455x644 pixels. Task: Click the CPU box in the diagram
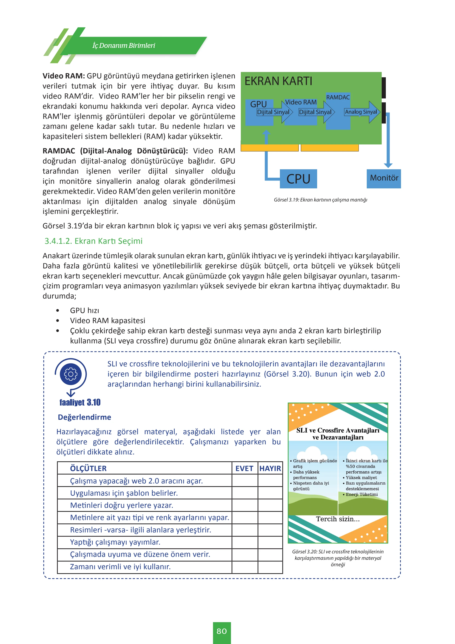[x=298, y=179]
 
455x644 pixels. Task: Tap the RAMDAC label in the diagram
[x=338, y=97]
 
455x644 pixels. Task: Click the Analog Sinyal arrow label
[x=361, y=112]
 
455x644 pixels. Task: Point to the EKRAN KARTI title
[x=278, y=81]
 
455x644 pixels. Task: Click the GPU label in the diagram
[x=258, y=104]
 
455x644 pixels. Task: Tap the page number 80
[x=222, y=631]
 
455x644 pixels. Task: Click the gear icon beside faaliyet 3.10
[x=71, y=374]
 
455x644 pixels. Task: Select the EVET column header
[x=244, y=469]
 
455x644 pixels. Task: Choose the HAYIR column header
[x=270, y=469]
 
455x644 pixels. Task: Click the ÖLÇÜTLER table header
[x=88, y=469]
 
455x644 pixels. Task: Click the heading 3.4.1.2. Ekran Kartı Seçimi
[x=94, y=241]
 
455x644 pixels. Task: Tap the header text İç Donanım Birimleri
[x=124, y=46]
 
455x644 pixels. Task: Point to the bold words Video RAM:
[x=64, y=76]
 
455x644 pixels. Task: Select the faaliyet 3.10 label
[x=80, y=402]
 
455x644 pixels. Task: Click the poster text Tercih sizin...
[x=338, y=519]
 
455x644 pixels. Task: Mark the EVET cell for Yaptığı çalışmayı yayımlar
[x=245, y=542]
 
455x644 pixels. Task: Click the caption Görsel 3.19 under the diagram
[x=321, y=200]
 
